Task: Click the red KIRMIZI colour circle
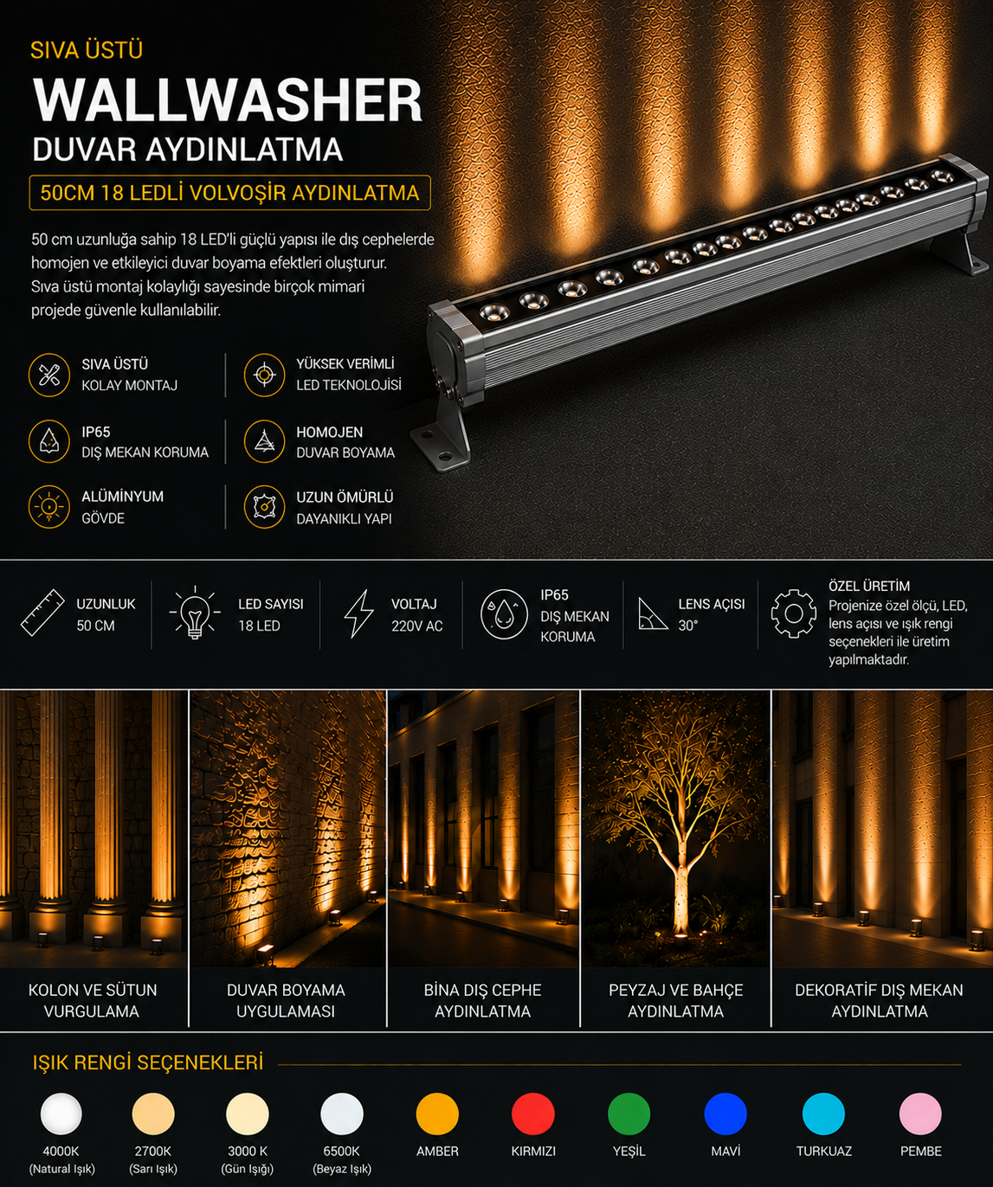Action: click(532, 1113)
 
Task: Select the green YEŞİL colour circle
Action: click(629, 1113)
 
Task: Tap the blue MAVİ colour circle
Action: click(725, 1113)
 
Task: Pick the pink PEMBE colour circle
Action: click(920, 1113)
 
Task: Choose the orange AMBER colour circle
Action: click(437, 1113)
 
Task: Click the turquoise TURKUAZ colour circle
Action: click(823, 1113)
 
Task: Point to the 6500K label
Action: click(341, 1152)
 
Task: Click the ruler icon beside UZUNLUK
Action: click(42, 613)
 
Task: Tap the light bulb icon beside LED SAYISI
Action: click(195, 613)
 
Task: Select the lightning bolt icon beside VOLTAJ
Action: click(358, 613)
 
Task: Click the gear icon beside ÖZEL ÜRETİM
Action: click(793, 613)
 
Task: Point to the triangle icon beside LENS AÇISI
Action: click(652, 613)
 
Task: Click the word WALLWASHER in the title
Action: click(228, 100)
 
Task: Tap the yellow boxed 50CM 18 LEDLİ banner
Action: click(230, 193)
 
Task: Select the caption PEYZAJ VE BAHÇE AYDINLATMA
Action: click(675, 1000)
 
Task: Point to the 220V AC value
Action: click(416, 626)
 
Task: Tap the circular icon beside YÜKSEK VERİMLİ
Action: click(264, 375)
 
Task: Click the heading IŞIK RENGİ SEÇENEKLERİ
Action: click(148, 1062)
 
